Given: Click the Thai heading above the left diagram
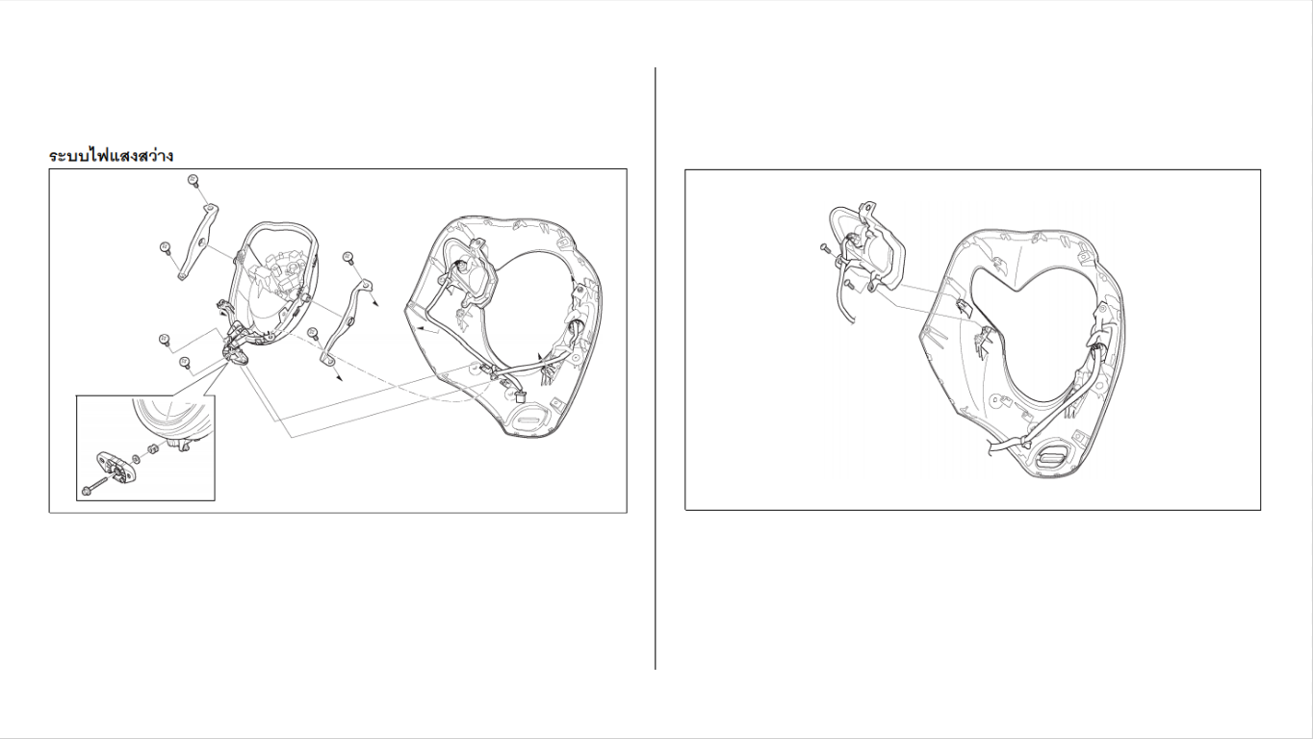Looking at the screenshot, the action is [x=111, y=156].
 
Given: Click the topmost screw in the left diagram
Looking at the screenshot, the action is [x=193, y=180].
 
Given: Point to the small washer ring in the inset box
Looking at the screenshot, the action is [x=136, y=458].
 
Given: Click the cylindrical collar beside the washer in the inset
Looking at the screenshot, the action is [x=149, y=450].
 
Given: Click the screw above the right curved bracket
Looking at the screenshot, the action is [x=348, y=258].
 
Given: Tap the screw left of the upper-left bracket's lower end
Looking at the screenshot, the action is [x=166, y=248].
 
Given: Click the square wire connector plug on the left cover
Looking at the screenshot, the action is [x=520, y=397].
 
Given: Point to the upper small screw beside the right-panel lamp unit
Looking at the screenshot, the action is [x=824, y=248].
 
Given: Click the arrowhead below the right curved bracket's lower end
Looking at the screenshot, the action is [x=338, y=378].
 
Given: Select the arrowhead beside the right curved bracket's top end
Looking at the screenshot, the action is [x=375, y=303].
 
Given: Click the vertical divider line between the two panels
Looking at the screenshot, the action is [x=656, y=368].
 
